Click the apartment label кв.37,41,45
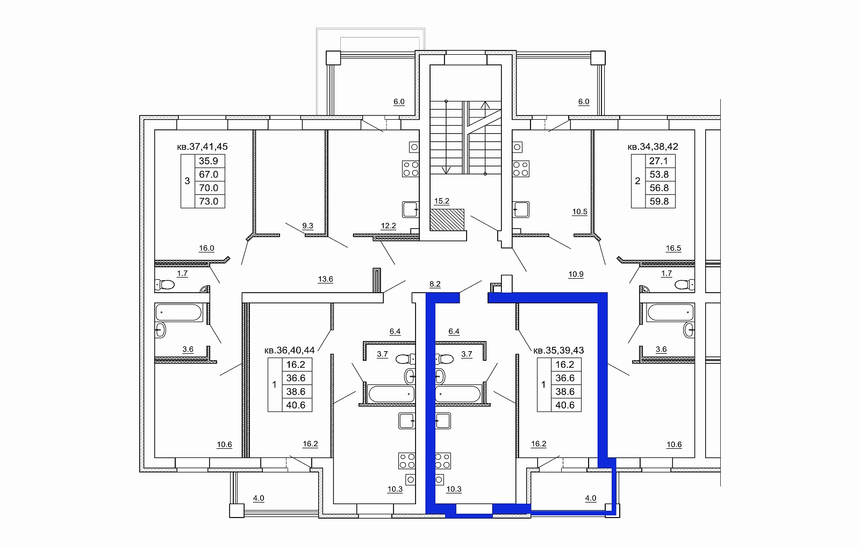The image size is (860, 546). click(202, 147)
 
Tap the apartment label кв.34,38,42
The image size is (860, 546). click(653, 147)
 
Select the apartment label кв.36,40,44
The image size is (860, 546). click(290, 350)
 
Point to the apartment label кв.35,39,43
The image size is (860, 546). click(558, 350)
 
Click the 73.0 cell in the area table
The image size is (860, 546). click(209, 201)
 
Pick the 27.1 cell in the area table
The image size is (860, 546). click(658, 161)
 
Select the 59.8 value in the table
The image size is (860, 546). click(659, 201)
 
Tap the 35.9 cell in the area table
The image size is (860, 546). click(209, 161)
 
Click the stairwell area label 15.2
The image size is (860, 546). click(441, 201)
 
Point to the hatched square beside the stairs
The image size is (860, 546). click(447, 220)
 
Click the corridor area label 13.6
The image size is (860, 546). click(326, 279)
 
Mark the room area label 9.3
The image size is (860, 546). click(307, 226)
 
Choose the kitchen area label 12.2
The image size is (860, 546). click(388, 226)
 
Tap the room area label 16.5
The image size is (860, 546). click(673, 248)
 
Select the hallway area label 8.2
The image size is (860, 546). click(435, 284)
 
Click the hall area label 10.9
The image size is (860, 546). click(576, 274)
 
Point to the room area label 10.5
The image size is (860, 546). click(580, 212)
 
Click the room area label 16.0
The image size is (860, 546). click(206, 248)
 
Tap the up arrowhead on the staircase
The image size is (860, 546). click(485, 104)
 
